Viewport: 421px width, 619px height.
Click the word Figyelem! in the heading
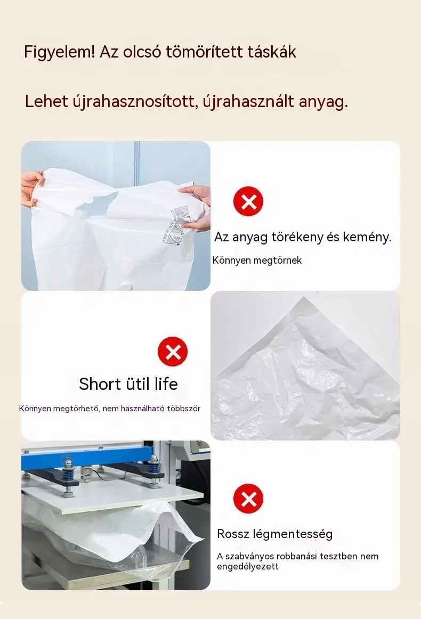tap(59, 52)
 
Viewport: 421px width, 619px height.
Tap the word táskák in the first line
tap(272, 52)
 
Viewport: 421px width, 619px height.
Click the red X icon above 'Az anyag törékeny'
tap(248, 201)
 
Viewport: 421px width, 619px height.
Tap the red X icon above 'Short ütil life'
tap(173, 352)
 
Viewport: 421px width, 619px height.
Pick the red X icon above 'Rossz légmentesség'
tap(248, 499)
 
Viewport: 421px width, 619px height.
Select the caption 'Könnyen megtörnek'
tap(257, 260)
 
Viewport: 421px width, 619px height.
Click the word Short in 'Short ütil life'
tap(100, 384)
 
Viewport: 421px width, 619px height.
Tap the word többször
tap(184, 408)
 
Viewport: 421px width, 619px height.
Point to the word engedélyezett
tap(248, 567)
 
